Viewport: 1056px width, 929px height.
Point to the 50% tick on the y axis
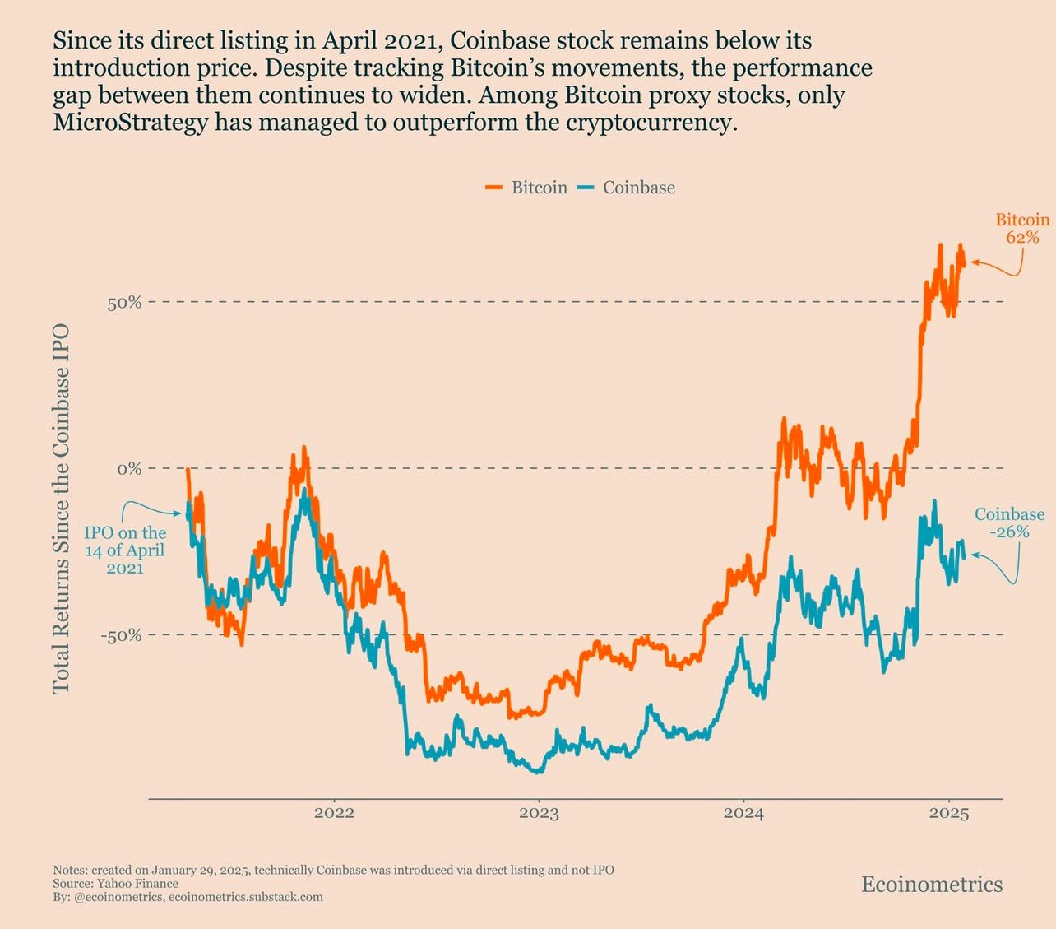coord(124,302)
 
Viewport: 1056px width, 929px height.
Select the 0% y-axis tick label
coord(128,469)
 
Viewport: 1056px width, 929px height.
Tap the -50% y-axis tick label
coord(121,635)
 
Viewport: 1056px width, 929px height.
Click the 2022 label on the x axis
coord(334,813)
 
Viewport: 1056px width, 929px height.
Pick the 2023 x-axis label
coord(539,813)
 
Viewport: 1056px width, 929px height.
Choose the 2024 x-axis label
coord(743,813)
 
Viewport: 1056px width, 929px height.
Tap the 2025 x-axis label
coord(949,813)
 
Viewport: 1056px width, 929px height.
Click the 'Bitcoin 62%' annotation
coord(1022,228)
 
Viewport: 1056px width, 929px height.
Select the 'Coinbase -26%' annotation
coord(1009,523)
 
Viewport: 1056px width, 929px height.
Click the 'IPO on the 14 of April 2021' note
coord(125,550)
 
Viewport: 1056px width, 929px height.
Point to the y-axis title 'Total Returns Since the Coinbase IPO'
coord(61,508)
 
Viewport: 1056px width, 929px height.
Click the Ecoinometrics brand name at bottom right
coord(932,885)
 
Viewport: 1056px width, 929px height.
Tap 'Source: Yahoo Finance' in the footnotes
coord(115,884)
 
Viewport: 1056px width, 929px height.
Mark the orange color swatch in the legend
coord(493,188)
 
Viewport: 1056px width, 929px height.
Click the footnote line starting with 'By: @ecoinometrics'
coord(188,897)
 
